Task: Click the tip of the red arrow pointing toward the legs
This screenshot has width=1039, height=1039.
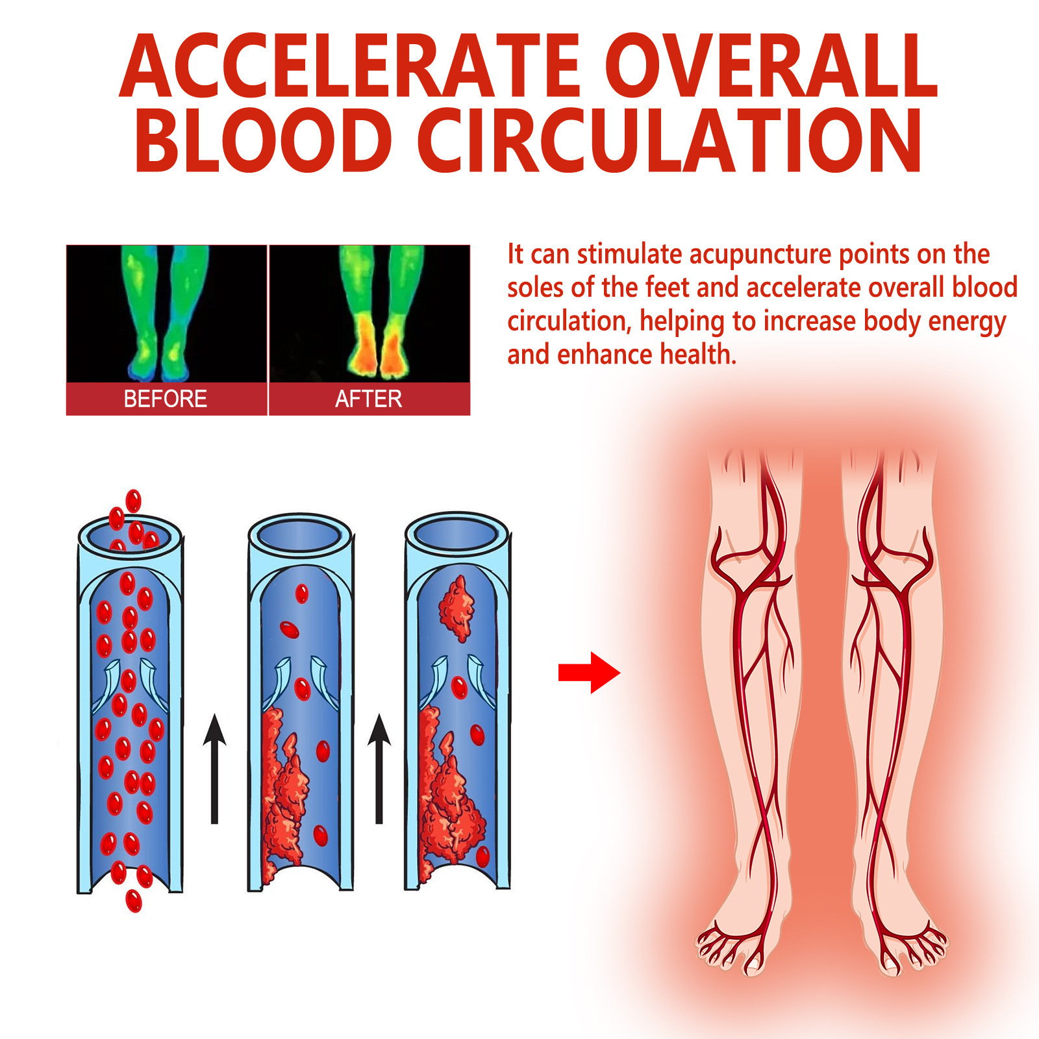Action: [x=620, y=673]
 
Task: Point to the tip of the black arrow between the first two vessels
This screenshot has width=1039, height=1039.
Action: [x=214, y=715]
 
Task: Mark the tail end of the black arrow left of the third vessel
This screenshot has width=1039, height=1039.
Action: [x=379, y=824]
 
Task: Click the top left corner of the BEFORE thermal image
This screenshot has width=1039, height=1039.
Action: [x=66, y=245]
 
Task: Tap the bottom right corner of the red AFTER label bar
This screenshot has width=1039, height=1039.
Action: [x=470, y=415]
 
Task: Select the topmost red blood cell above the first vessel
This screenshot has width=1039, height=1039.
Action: [x=133, y=501]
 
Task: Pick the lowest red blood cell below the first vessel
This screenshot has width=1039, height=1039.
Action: [x=134, y=901]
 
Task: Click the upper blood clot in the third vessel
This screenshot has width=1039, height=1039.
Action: [x=457, y=608]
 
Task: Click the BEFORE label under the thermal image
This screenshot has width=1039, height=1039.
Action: [x=166, y=399]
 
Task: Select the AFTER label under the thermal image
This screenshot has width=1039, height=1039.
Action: [x=369, y=399]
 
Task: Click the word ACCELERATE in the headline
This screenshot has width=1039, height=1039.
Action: [x=350, y=66]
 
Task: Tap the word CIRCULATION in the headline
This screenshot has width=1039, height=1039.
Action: [x=670, y=141]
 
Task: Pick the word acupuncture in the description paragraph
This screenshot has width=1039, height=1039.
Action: [x=759, y=255]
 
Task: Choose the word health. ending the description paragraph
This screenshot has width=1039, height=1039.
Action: [x=698, y=355]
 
